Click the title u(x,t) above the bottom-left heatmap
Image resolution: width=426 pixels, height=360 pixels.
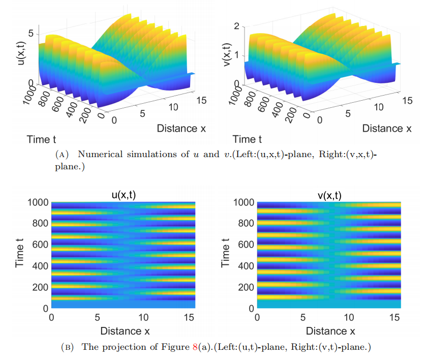click(x=123, y=194)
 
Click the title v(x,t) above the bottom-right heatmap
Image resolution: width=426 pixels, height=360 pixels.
click(x=328, y=194)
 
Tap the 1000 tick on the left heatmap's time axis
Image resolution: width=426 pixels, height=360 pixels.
click(x=36, y=202)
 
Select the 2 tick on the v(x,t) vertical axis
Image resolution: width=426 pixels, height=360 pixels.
click(x=236, y=26)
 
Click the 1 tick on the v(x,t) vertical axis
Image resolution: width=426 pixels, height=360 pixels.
click(x=236, y=56)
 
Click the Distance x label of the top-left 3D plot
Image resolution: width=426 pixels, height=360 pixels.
click(x=181, y=128)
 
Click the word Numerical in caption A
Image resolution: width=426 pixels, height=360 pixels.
click(x=99, y=155)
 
